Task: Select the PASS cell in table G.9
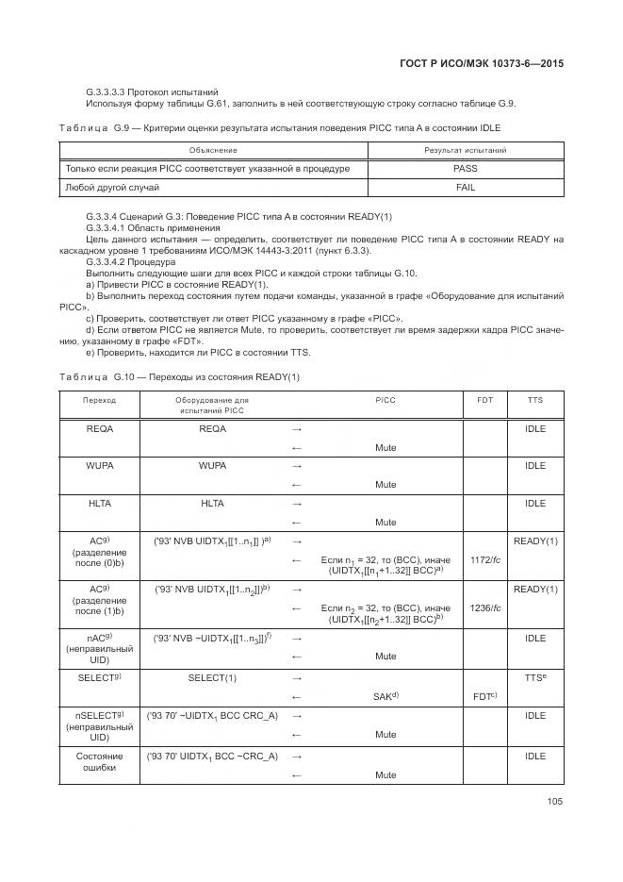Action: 465,169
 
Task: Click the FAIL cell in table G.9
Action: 465,187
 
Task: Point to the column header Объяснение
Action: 212,150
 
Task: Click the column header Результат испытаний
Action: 465,150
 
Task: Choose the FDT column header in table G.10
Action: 484,400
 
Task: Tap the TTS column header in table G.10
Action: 535,400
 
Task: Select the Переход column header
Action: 99,400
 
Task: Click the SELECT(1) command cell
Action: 212,677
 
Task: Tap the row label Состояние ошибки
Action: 99,762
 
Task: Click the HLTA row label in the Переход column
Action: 99,504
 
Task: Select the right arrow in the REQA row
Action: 297,429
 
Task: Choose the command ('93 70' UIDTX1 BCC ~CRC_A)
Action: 212,757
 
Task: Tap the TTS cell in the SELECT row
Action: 535,678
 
